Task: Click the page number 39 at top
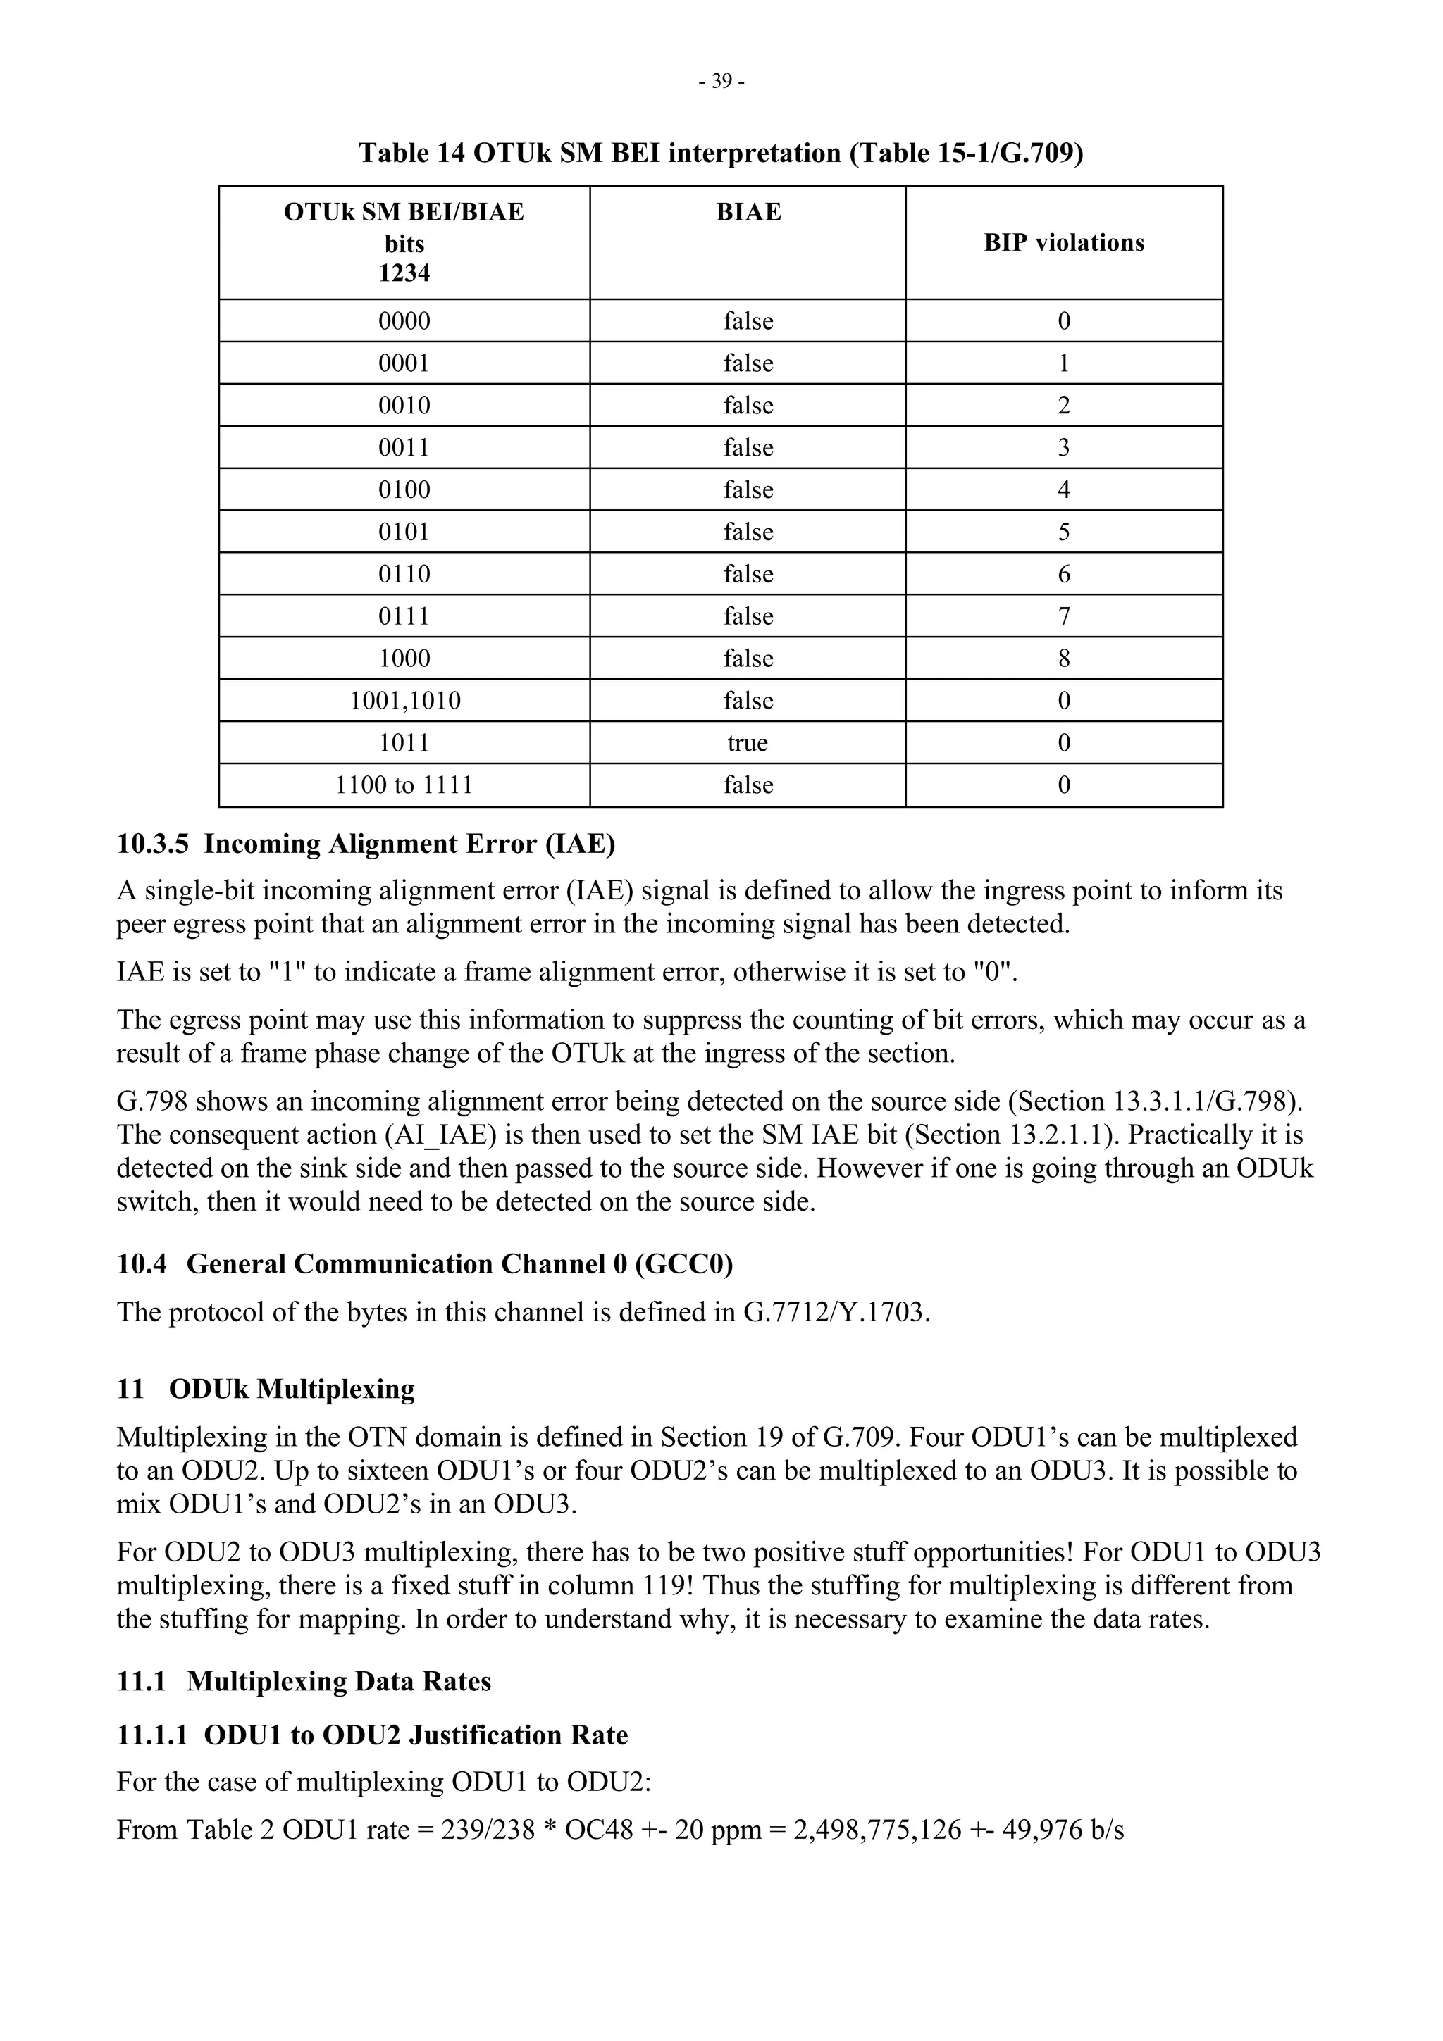click(x=721, y=82)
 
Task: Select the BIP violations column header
click(x=1063, y=243)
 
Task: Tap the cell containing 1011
click(x=404, y=742)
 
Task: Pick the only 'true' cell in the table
click(x=748, y=742)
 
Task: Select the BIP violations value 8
click(x=1063, y=658)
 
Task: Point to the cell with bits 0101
click(x=404, y=532)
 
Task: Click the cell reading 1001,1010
click(x=404, y=701)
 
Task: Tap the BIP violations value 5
click(x=1063, y=532)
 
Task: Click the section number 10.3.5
click(x=152, y=844)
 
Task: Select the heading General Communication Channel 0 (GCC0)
click(x=459, y=1264)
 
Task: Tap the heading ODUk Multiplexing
click(x=292, y=1390)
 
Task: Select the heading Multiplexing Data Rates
click(x=338, y=1682)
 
